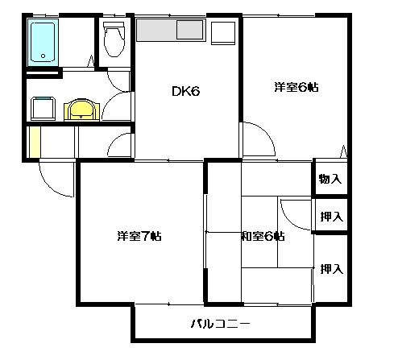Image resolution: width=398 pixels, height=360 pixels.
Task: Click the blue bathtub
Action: pos(43,43)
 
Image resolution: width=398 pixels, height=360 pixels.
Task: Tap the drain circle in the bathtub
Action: pos(43,56)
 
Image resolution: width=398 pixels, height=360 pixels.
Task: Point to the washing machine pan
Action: pos(44,109)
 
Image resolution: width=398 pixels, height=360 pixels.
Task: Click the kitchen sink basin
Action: pos(189,30)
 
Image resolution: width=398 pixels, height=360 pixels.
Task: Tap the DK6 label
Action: pos(186,92)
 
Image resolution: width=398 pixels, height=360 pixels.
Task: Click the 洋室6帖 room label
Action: pos(296,88)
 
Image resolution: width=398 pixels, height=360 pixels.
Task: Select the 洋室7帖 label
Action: pos(139,236)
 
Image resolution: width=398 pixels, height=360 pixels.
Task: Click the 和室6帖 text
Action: pos(263,236)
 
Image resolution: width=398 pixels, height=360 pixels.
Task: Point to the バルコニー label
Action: pos(220,324)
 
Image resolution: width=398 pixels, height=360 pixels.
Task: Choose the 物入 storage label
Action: pos(330,179)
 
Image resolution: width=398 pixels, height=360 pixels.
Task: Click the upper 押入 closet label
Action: pos(332,217)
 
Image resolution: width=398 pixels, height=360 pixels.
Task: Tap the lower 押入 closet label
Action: pos(332,269)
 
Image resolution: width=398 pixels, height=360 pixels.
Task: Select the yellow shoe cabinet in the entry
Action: pos(35,142)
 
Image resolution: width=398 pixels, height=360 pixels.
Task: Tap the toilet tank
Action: pos(114,24)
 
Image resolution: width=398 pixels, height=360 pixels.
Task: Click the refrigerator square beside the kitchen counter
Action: pos(223,33)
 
